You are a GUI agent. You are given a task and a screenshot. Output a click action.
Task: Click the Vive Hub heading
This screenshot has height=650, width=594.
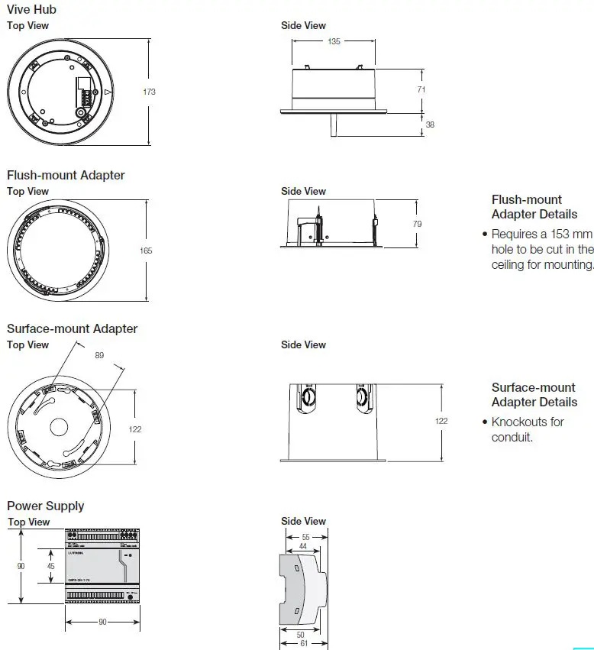pos(31,10)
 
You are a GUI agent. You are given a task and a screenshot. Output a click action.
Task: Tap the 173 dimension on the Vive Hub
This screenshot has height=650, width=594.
pos(149,92)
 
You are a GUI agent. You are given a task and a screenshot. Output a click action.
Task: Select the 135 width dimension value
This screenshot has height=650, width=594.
pos(334,42)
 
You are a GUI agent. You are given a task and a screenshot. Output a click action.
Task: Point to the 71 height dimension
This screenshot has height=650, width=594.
pos(421,89)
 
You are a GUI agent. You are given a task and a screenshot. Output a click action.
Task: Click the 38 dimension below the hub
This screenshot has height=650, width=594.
pos(429,125)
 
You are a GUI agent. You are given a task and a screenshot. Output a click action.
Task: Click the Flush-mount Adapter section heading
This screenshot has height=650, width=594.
pos(66,175)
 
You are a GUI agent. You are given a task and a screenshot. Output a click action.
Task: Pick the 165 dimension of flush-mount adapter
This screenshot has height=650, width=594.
pos(146,251)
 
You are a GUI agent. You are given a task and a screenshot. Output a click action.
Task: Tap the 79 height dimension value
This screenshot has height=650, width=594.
pos(417,224)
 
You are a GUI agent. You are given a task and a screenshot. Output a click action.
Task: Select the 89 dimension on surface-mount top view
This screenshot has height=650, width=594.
pos(99,355)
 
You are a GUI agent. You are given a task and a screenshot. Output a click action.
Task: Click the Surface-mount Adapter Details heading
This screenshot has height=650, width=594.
pos(534,395)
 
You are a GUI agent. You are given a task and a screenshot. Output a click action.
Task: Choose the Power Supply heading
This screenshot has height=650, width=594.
pos(46,506)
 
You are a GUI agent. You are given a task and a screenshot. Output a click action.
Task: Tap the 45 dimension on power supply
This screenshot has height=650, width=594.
pos(50,566)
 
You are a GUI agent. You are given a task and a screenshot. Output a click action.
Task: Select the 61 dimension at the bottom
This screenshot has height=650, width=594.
pos(304,644)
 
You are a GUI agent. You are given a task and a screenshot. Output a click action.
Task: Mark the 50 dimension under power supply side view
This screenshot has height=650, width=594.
pos(300,635)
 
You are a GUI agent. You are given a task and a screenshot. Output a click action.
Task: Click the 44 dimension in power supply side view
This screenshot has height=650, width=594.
pos(304,546)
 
